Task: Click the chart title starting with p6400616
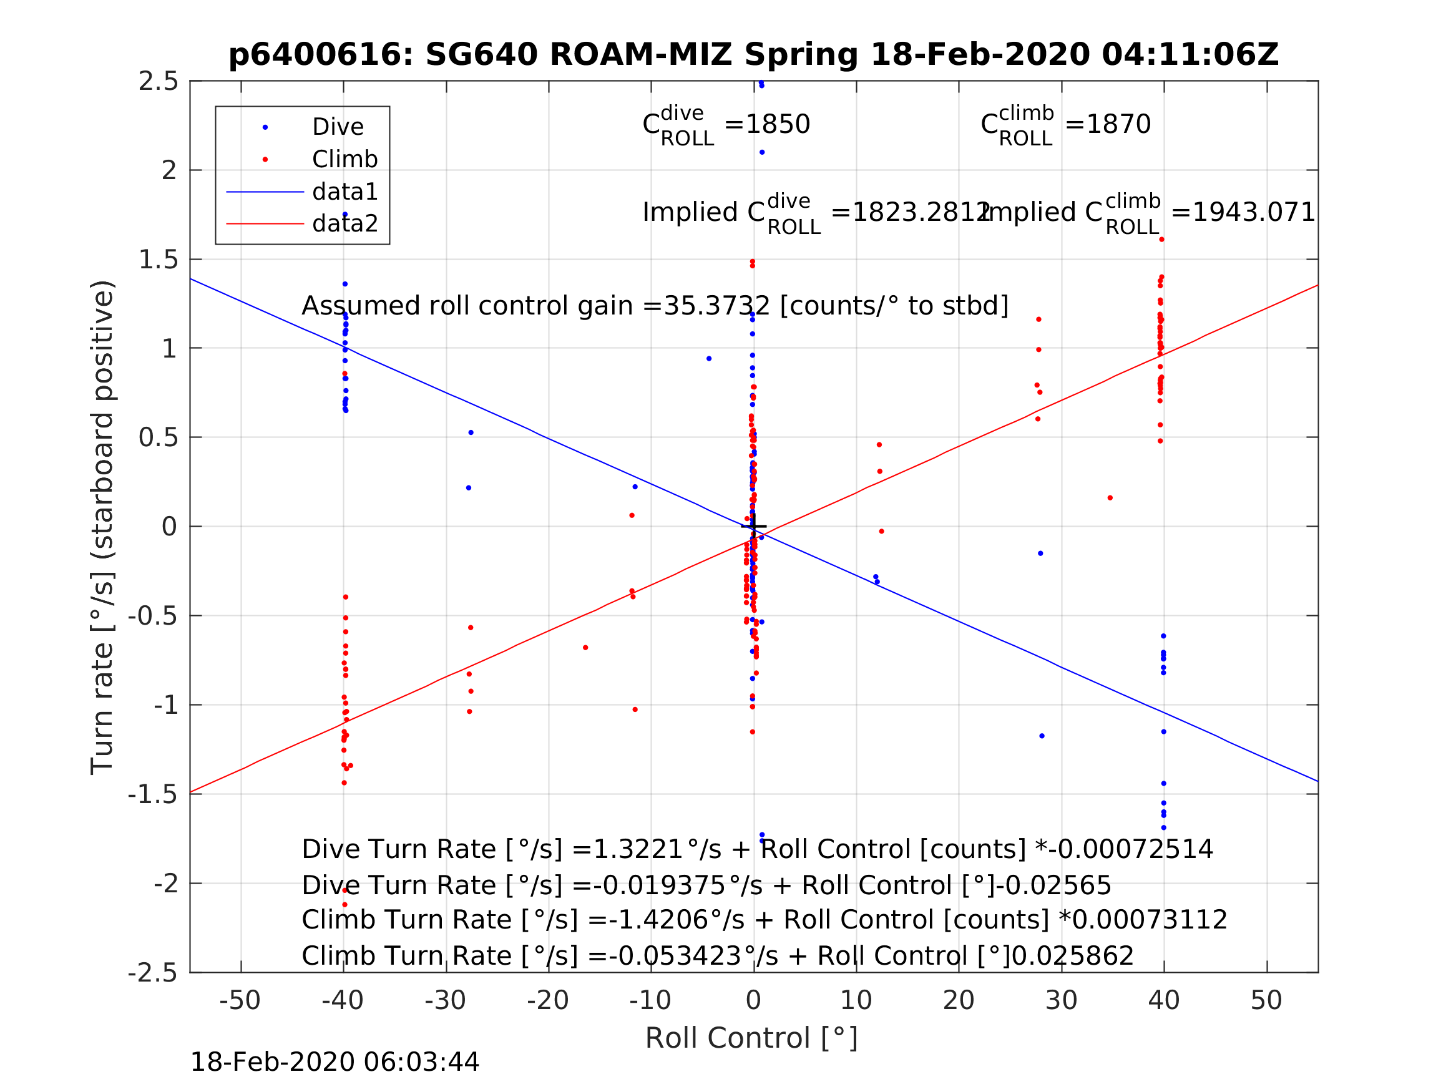(753, 55)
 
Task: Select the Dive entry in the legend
(337, 127)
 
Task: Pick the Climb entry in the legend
(344, 159)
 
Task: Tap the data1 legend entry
(345, 192)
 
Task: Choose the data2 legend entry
(345, 224)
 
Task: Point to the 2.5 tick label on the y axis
(158, 82)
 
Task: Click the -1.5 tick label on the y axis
(153, 795)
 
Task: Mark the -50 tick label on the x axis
(240, 1000)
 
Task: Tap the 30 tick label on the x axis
(1061, 1000)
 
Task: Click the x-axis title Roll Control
(751, 1038)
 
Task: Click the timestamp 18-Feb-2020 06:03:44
(335, 1063)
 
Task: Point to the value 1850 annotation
(777, 124)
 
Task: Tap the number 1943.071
(1253, 213)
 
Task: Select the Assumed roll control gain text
(655, 306)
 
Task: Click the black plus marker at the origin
(754, 526)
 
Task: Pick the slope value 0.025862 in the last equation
(1072, 957)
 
